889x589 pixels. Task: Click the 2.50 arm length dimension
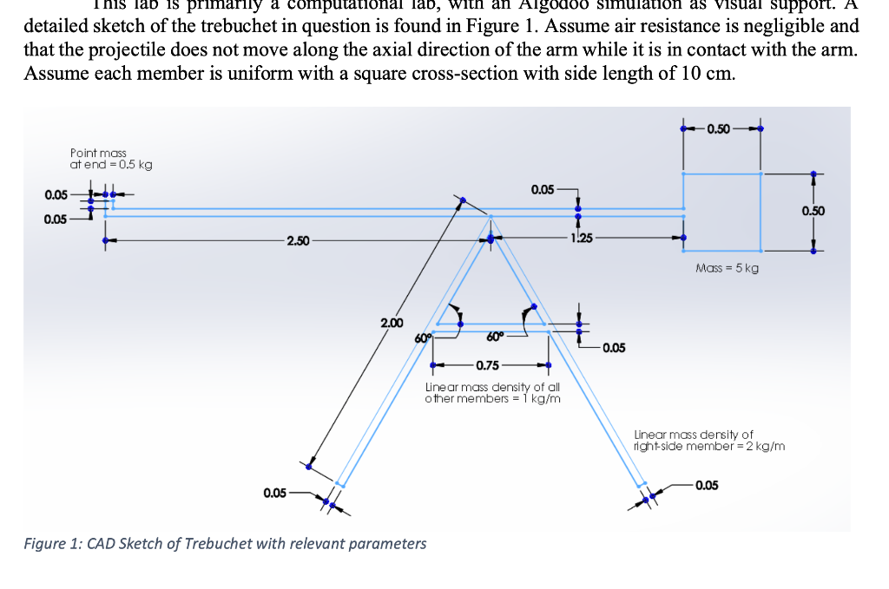297,240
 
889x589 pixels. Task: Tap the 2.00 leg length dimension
392,323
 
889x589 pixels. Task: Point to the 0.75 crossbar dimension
486,364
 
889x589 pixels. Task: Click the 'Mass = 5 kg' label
727,268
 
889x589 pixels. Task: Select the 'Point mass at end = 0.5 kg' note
110,159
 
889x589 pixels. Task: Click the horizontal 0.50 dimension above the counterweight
719,129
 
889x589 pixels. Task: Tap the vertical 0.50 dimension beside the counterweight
813,211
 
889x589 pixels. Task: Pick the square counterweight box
722,212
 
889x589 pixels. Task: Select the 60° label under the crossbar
495,337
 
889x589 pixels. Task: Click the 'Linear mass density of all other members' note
492,392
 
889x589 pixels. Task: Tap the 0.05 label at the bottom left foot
274,493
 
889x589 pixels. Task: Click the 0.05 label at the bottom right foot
707,485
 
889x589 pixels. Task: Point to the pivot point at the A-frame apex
491,237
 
